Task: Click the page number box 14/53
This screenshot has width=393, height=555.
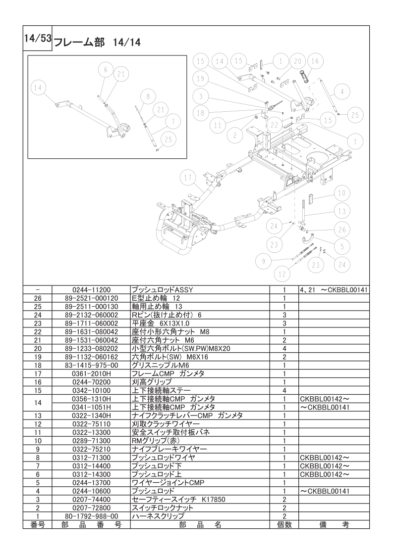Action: pyautogui.click(x=38, y=40)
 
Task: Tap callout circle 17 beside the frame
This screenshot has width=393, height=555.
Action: pyautogui.click(x=186, y=178)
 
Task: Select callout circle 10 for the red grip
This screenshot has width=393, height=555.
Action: pyautogui.click(x=341, y=193)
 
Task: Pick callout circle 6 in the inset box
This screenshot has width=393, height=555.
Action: pyautogui.click(x=105, y=70)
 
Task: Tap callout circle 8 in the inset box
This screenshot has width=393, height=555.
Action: pyautogui.click(x=147, y=96)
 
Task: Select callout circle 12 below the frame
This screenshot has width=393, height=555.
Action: pyautogui.click(x=283, y=272)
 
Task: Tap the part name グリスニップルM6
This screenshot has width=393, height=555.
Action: pyautogui.click(x=154, y=365)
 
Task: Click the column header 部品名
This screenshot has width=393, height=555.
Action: pyautogui.click(x=200, y=524)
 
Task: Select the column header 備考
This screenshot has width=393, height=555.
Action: pyautogui.click(x=333, y=524)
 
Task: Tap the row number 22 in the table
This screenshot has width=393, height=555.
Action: pyautogui.click(x=38, y=331)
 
